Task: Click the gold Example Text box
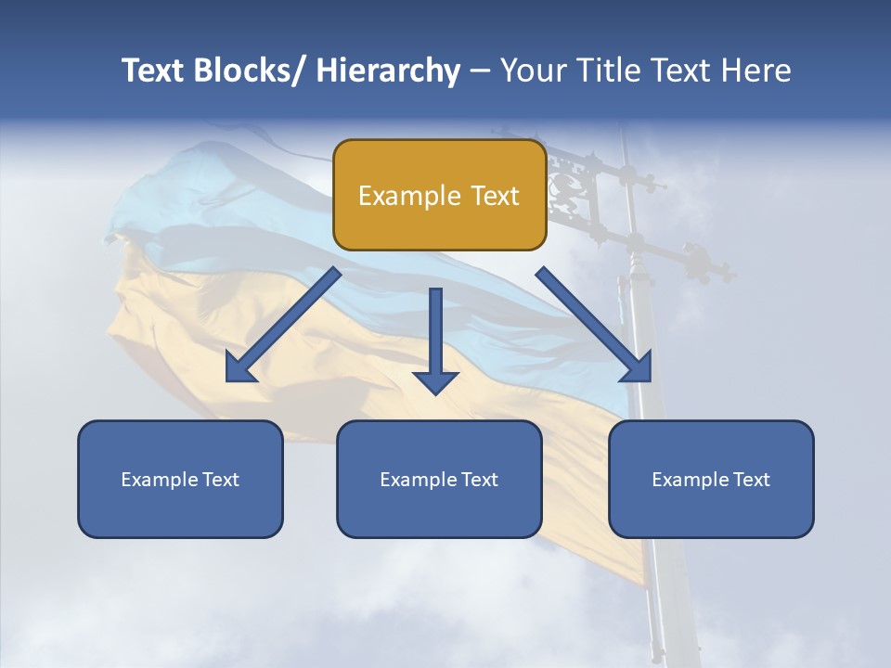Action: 439,195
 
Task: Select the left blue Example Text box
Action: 180,479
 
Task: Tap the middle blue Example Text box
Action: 439,479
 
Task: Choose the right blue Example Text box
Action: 711,479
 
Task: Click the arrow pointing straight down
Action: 435,339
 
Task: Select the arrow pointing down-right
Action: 594,325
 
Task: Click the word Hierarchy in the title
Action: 388,71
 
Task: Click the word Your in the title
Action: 533,71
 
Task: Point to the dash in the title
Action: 480,71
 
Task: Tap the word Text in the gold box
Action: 494,196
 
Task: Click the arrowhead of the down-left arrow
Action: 239,368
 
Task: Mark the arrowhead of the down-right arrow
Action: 638,368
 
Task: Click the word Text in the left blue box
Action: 219,480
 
